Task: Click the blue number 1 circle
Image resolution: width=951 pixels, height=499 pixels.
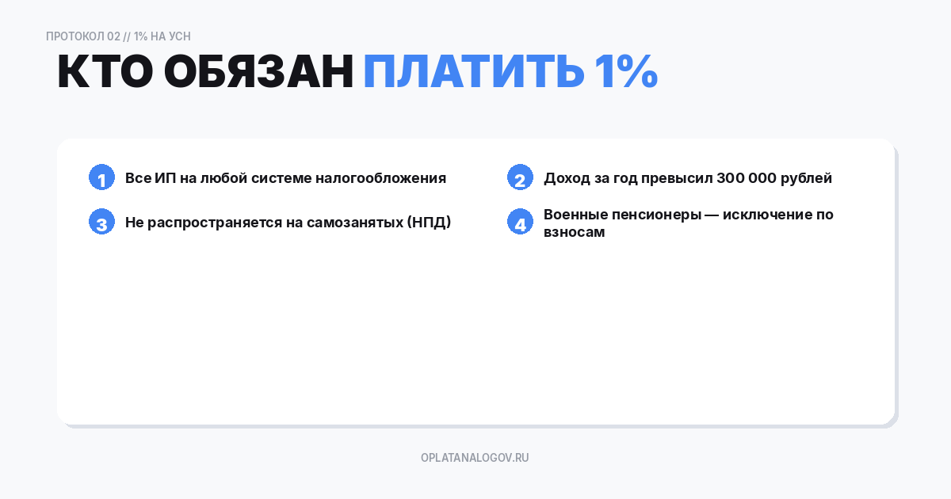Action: click(x=101, y=178)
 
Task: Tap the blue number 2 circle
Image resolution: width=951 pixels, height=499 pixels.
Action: click(x=520, y=178)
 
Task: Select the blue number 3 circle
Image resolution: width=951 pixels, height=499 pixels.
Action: click(x=101, y=223)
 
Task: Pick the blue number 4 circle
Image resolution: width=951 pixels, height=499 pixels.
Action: click(x=520, y=223)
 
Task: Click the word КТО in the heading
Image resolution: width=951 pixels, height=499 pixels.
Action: click(x=105, y=73)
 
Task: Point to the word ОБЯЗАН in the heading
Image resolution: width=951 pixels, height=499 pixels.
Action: click(x=258, y=73)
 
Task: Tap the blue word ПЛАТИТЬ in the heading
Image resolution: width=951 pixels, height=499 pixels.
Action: click(x=473, y=73)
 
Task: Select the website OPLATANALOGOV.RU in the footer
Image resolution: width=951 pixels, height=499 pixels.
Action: click(x=475, y=458)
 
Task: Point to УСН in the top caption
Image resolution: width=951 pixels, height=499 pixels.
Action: click(x=180, y=36)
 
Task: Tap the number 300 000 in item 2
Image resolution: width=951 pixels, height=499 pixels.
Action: click(x=747, y=178)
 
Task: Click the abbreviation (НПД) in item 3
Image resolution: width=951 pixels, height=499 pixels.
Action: click(x=429, y=223)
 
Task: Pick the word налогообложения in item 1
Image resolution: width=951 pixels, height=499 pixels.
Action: click(x=380, y=178)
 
